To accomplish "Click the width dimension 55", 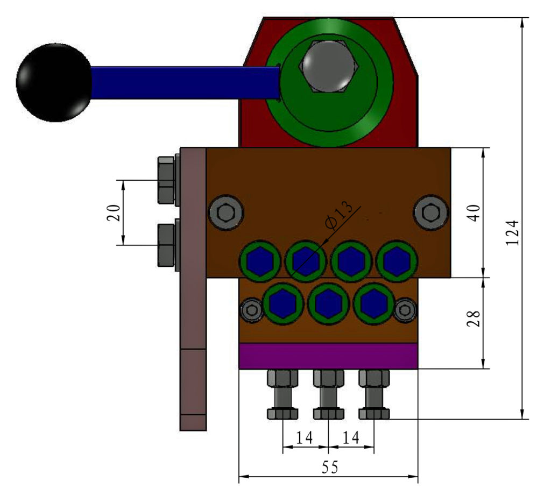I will point(329,467).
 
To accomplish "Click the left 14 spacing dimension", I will point(305,438).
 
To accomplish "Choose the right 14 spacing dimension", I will point(351,438).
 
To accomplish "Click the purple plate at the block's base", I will point(328,356).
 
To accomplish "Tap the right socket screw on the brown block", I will point(431,213).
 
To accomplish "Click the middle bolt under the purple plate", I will point(328,395).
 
